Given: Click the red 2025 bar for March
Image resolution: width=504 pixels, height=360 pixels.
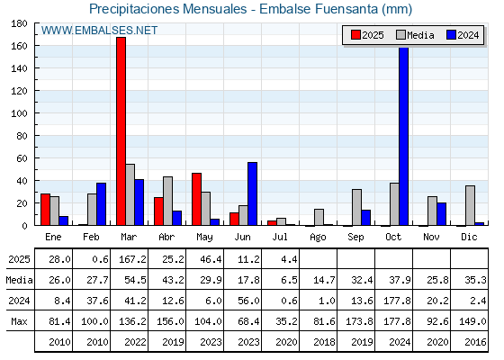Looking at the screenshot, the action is [121, 131].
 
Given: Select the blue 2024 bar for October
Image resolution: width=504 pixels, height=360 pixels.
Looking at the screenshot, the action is [403, 136].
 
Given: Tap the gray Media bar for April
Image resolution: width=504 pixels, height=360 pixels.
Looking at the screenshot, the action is [167, 201].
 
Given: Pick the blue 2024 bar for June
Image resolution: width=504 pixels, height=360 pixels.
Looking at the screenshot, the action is [252, 193].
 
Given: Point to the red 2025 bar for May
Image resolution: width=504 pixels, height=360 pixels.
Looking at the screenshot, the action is [197, 199].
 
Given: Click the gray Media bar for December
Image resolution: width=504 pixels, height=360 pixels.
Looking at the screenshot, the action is [470, 205].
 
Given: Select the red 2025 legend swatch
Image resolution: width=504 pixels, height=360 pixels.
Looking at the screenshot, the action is [355, 35].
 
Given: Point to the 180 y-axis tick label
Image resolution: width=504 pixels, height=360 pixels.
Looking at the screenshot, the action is [19, 23].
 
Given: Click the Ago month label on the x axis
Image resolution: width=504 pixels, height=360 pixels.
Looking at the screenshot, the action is [318, 238].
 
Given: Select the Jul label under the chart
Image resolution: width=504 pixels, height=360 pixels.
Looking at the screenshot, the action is [280, 237].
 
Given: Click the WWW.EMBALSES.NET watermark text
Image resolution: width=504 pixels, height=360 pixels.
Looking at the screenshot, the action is [99, 31].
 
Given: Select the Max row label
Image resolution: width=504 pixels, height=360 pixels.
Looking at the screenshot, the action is [19, 321].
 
